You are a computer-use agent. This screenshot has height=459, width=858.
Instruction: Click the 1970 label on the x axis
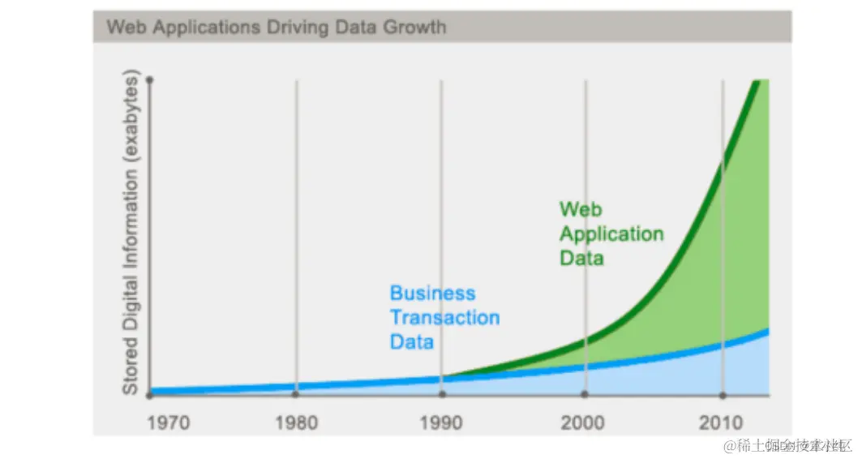168,423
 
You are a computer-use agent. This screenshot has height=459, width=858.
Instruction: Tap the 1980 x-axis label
297,423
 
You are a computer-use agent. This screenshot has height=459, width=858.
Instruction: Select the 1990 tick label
441,423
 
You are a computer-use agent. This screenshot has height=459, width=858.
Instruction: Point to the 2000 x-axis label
583,423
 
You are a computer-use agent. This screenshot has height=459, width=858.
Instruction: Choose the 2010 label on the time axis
722,423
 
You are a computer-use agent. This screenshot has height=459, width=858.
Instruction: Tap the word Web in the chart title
127,27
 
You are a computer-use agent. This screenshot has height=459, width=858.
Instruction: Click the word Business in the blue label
432,294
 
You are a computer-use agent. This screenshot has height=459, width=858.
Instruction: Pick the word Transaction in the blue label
444,317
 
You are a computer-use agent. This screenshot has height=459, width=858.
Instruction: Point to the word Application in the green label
611,234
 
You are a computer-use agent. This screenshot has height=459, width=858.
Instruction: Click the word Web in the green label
581,209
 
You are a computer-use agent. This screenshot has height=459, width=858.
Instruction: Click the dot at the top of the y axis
150,79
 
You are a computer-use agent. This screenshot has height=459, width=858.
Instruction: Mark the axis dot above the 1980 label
296,395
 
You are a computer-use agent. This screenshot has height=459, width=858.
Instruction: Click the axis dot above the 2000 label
584,395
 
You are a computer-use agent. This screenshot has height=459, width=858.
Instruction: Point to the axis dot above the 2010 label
723,395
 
